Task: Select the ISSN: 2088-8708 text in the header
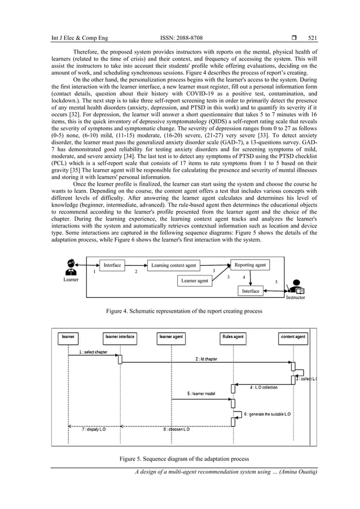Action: (182, 38)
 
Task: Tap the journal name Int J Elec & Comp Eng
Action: (73, 38)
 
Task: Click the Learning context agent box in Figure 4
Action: (174, 265)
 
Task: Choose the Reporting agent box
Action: (250, 265)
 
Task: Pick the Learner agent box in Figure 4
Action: (195, 280)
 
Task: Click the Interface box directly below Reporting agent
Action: (251, 291)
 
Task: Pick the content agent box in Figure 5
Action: (293, 337)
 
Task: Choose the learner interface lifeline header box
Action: (120, 337)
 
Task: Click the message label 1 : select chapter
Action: (93, 352)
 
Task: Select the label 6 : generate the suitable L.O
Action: (267, 414)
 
